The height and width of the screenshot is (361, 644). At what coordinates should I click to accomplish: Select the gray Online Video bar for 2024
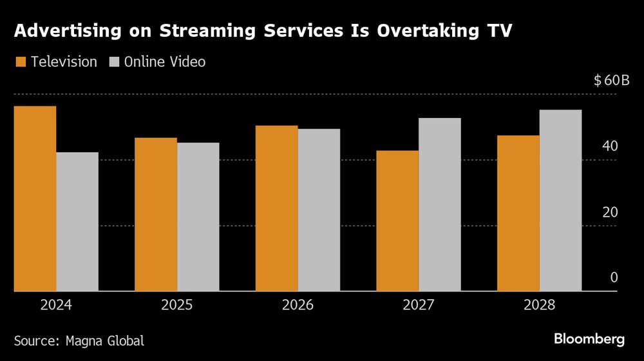(77, 222)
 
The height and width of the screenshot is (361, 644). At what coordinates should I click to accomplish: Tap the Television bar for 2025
(156, 214)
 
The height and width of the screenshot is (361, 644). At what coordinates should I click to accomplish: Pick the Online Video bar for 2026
(319, 210)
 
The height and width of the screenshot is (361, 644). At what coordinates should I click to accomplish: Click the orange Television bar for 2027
(397, 220)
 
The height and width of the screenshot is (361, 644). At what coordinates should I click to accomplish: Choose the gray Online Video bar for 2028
(560, 200)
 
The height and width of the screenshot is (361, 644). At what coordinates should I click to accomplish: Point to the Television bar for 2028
(518, 213)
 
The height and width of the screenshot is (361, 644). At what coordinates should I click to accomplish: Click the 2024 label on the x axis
(56, 305)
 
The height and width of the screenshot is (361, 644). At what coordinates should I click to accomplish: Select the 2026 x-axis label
(298, 305)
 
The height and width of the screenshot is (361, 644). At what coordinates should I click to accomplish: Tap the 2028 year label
(539, 305)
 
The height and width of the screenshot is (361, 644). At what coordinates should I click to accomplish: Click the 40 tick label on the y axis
(609, 146)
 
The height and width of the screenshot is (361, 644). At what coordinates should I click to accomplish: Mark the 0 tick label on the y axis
(614, 278)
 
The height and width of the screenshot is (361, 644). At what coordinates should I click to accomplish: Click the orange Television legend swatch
(20, 63)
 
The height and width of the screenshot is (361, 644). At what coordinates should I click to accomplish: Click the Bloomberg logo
(590, 339)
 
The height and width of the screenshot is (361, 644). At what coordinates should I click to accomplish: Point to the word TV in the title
(500, 32)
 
